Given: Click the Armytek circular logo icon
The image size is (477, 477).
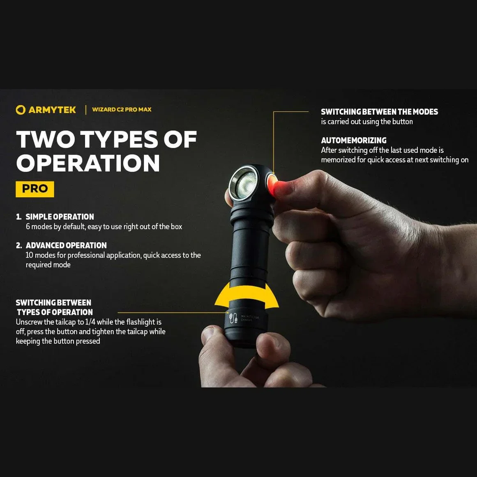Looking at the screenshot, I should [21, 110].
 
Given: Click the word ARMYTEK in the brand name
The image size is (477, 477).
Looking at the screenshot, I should [52, 110].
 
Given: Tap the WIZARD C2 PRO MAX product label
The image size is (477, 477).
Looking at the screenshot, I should [122, 110].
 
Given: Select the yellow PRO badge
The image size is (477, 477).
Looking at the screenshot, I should [35, 189].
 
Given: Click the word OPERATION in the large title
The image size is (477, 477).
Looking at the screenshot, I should [88, 163].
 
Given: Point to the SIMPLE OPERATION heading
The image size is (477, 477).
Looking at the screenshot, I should [60, 217].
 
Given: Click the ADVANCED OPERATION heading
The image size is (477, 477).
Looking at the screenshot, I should [66, 245].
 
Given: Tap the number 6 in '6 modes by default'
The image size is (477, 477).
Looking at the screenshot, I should [28, 227].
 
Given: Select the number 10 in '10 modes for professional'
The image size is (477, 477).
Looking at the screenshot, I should [29, 255].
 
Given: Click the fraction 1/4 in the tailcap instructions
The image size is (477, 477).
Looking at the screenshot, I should [90, 322].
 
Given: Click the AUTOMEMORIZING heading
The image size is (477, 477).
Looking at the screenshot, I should [353, 141].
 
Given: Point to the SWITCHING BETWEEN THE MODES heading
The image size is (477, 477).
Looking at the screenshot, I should [379, 112].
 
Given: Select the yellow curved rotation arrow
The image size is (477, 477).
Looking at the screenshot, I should [247, 296].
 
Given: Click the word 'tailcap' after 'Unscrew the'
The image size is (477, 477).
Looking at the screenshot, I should [65, 322].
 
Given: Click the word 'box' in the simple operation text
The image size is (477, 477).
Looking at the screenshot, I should [176, 227].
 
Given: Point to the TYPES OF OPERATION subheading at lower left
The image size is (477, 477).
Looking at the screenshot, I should [55, 312].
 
